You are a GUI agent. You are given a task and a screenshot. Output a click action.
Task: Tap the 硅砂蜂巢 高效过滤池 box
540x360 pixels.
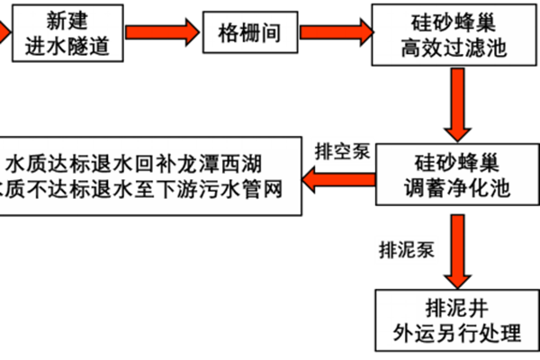click(454, 34)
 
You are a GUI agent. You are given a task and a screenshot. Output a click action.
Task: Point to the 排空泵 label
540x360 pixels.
click(342, 150)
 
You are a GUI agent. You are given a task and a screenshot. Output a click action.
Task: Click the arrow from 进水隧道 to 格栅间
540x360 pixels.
click(161, 32)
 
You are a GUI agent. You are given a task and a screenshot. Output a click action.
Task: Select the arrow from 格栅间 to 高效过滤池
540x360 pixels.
click(337, 32)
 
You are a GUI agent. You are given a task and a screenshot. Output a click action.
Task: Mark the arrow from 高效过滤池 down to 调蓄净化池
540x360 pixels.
click(460, 103)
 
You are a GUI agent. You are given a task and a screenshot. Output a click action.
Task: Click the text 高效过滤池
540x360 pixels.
click(454, 48)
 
